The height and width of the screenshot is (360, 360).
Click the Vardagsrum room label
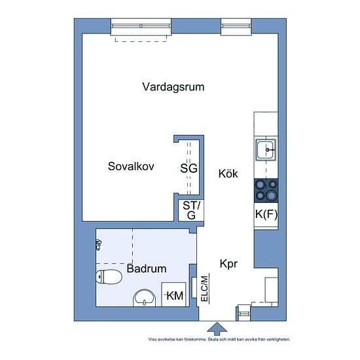coord(173,86)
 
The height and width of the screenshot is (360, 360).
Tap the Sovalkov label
coord(131,167)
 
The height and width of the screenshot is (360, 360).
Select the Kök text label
coord(228,174)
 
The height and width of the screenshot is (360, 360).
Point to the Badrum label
coord(147,268)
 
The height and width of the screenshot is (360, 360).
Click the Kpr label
coord(228,264)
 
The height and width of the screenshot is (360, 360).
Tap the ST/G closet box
coord(191,211)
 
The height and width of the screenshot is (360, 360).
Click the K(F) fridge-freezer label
coord(266,214)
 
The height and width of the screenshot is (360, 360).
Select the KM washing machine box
coord(175,296)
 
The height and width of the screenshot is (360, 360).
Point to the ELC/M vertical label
coord(204,288)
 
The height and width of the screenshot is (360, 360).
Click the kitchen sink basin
coord(266,151)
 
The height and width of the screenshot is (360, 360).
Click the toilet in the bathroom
coord(108,278)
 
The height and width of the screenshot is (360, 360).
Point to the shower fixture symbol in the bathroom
coord(99,245)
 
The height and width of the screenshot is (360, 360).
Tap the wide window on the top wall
coord(141,27)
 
